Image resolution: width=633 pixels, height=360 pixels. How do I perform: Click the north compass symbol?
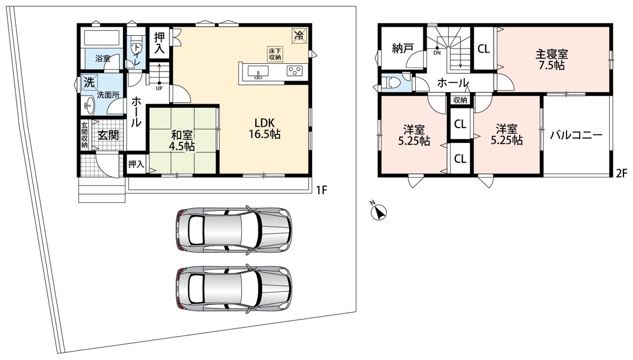378,212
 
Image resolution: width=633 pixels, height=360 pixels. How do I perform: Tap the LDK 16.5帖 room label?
264,129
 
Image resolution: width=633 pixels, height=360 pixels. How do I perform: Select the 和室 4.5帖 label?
181,141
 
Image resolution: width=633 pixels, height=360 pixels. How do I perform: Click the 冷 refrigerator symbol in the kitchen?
299,35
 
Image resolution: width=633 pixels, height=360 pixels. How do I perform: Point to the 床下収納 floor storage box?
275,54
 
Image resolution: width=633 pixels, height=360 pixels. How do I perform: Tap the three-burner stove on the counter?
295,71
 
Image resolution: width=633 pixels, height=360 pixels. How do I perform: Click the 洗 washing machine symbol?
89,82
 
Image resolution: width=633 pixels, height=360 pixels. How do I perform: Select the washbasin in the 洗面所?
89,105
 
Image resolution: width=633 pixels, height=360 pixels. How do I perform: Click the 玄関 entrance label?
108,135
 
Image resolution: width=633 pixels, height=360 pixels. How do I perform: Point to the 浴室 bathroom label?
102,59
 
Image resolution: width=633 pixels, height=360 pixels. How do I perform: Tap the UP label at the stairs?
159,88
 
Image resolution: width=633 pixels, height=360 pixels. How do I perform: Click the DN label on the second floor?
437,53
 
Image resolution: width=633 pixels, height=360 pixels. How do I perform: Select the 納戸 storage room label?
402,48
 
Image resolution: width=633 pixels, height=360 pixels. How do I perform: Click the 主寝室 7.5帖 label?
552,60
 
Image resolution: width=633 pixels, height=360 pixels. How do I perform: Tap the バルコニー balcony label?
576,135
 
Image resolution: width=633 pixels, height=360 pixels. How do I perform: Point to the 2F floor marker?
621,172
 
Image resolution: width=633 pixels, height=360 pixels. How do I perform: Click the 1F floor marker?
321,190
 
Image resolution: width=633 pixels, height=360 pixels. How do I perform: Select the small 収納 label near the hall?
460,100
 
